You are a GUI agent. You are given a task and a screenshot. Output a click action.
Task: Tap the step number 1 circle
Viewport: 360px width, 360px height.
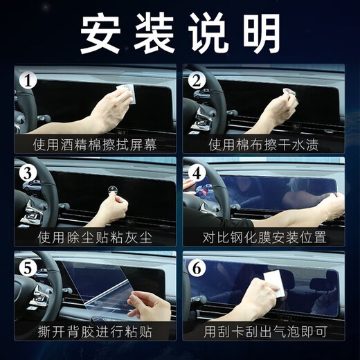[26, 82]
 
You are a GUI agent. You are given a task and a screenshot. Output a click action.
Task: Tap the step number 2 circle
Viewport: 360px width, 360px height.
[197, 82]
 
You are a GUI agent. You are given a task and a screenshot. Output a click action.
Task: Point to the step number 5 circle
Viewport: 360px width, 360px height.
[26, 265]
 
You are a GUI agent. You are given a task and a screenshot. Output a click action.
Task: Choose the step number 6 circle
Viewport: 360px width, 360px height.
[197, 265]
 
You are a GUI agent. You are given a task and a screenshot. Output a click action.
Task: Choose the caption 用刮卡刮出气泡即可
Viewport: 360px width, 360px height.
[264, 330]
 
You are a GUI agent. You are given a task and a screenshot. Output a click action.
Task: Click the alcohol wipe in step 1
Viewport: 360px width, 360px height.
[125, 93]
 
